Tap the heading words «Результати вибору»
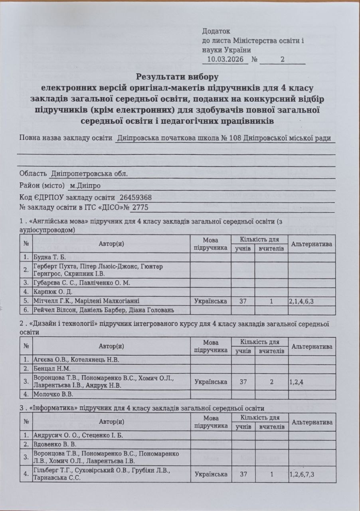(x=178, y=76)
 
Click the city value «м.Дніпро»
(x=85, y=186)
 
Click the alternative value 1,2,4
(x=296, y=381)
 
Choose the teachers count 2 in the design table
(x=271, y=381)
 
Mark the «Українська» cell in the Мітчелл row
(x=211, y=301)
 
